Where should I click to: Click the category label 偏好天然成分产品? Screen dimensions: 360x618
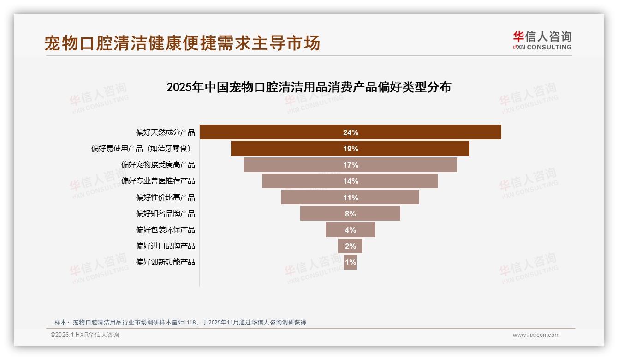pos(165,132)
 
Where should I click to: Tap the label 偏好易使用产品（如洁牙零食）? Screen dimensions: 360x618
pos(141,149)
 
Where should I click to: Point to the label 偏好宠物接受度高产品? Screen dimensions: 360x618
pos(158,165)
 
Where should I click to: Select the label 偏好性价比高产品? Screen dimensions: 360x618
pos(165,198)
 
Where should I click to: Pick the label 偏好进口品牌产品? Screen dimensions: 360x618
pos(165,246)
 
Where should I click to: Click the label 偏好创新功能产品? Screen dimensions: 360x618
pos(165,262)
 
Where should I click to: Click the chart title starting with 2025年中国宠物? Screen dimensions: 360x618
pos(309,87)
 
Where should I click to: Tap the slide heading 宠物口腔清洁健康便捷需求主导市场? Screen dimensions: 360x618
pos(182,43)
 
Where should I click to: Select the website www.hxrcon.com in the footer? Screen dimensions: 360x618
pos(536,335)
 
